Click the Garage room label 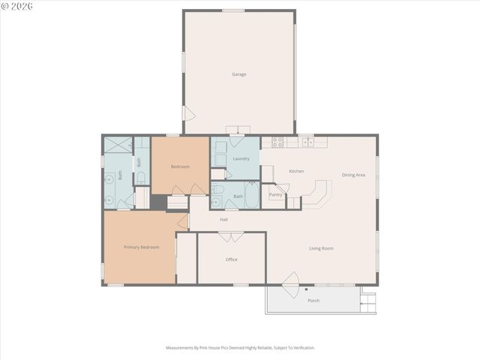(x=238, y=74)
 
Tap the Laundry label (x=241, y=158)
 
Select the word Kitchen (x=296, y=171)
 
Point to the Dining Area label (x=353, y=175)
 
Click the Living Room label (x=321, y=248)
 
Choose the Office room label (x=231, y=259)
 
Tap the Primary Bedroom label (x=141, y=247)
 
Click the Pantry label (x=276, y=195)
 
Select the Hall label (x=223, y=220)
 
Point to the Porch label (x=313, y=301)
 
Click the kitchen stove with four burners (x=277, y=141)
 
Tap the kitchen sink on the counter (x=307, y=141)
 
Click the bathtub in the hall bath (x=252, y=196)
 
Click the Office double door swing (x=231, y=237)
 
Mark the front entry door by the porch (x=292, y=279)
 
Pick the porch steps (x=367, y=299)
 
